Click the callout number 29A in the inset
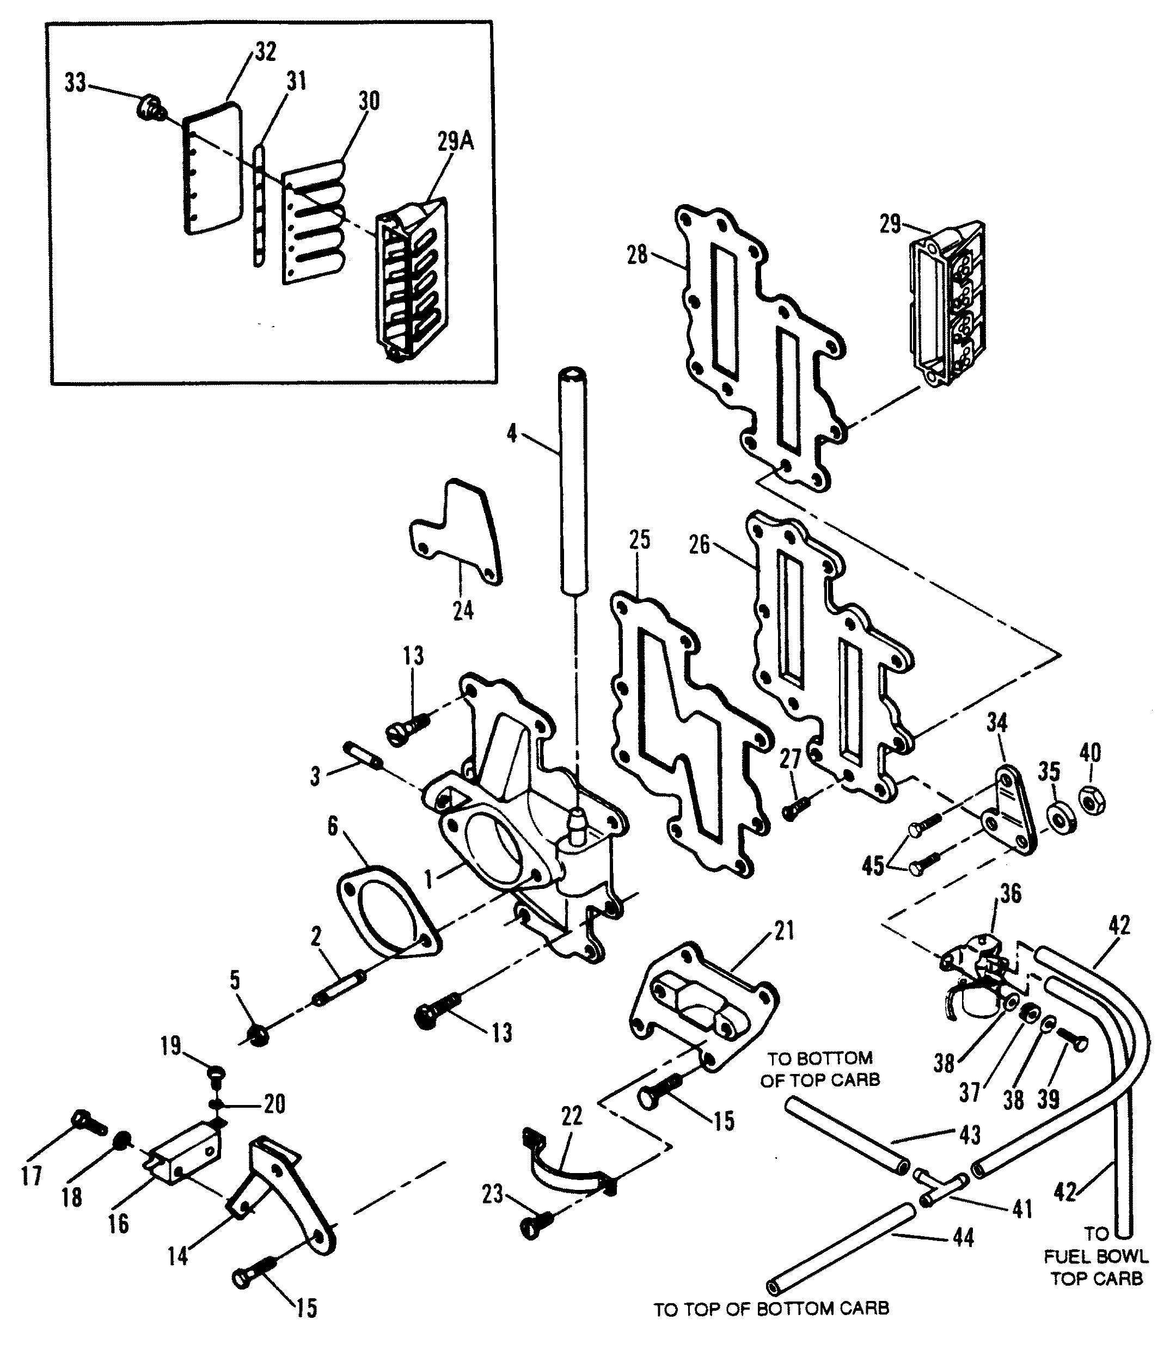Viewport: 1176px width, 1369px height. pos(455,142)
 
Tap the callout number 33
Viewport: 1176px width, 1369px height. pos(75,83)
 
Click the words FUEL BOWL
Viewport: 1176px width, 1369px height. pos(1096,1256)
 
